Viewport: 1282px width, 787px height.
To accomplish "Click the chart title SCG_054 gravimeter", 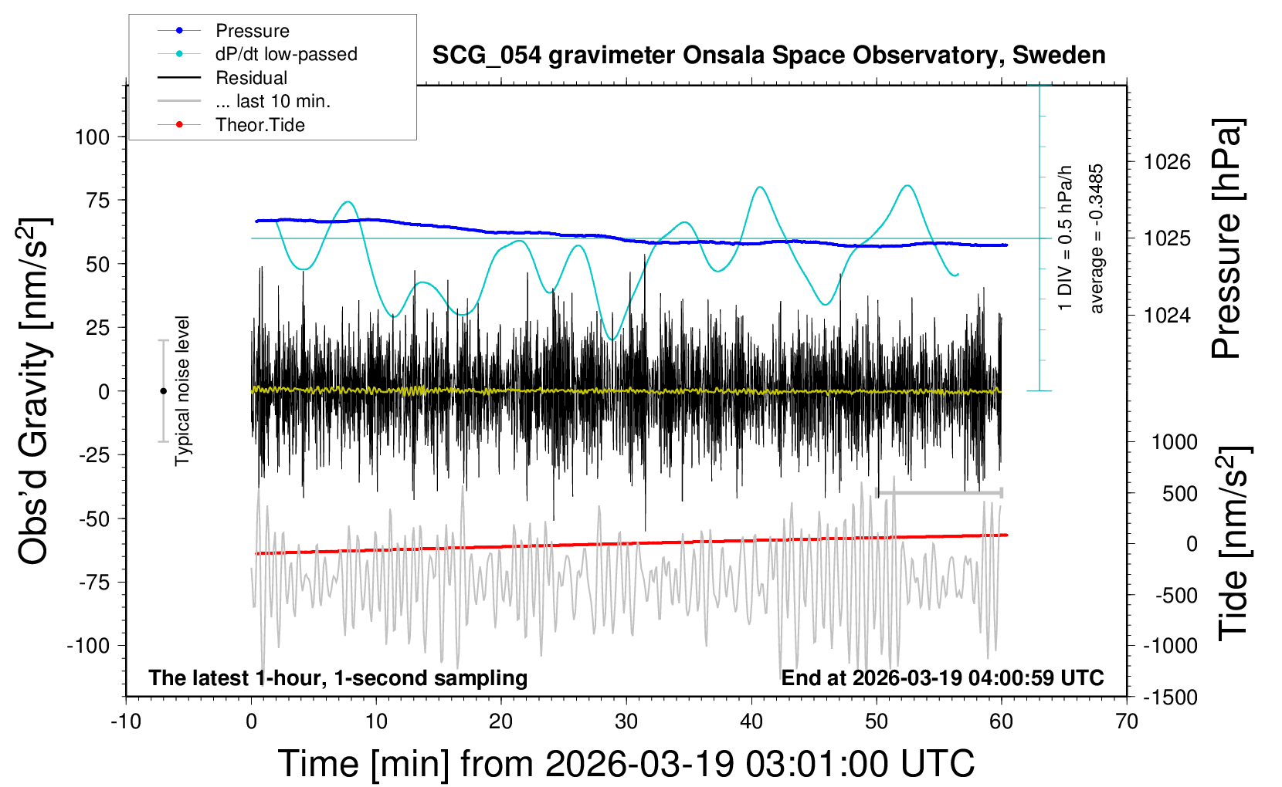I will click(768, 56).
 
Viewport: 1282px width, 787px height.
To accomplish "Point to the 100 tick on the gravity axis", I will click(92, 137).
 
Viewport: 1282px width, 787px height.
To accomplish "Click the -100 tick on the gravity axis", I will click(88, 646).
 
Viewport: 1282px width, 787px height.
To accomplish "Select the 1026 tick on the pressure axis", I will click(1167, 162).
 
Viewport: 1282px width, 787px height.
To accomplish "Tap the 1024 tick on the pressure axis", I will click(1167, 315).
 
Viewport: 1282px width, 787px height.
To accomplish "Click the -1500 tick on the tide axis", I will click(1170, 697).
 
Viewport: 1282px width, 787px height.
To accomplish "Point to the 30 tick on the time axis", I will click(626, 722).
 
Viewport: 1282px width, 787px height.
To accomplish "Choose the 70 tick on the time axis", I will click(1127, 722).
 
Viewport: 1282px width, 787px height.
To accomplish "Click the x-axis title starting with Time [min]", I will click(626, 764).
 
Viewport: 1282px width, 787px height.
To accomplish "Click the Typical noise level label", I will click(182, 391).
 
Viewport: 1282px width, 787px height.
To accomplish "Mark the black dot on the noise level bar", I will click(163, 391).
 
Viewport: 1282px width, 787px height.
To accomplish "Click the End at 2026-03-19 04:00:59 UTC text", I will click(942, 678).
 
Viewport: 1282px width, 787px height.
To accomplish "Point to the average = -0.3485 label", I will click(1097, 238).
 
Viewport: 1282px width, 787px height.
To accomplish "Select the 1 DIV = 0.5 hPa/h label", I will click(1066, 238).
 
